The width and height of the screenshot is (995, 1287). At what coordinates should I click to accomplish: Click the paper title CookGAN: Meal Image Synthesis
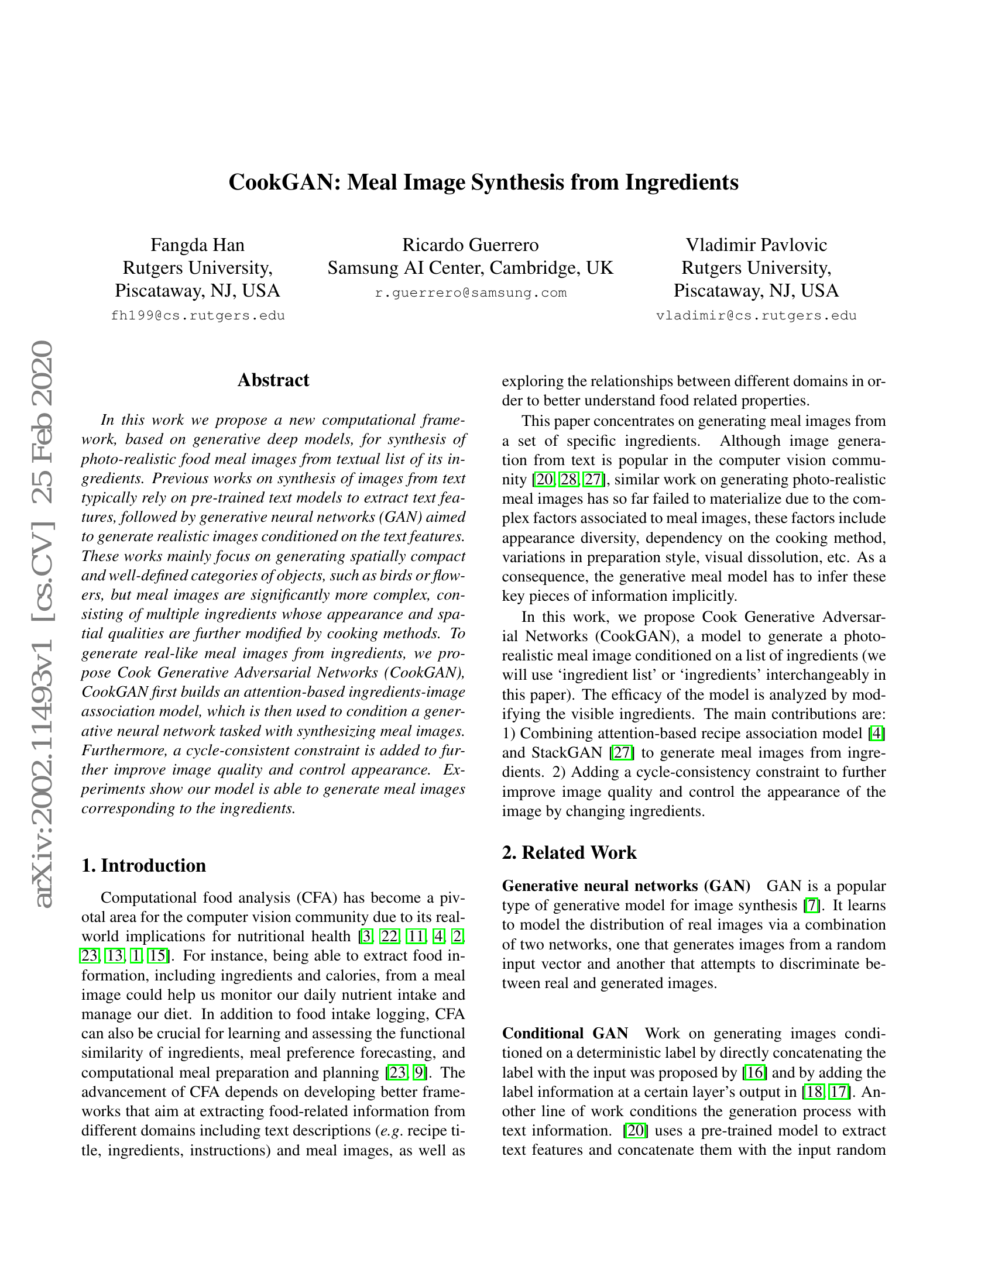click(483, 182)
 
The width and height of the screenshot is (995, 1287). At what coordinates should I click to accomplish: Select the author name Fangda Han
click(197, 245)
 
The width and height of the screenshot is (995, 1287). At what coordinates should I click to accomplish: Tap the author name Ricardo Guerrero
click(471, 245)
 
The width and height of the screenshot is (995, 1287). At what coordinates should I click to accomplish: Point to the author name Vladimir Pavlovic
click(756, 245)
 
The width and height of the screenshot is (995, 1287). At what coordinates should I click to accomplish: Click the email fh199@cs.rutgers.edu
click(198, 316)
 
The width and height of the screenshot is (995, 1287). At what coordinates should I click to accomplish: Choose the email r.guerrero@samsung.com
click(471, 293)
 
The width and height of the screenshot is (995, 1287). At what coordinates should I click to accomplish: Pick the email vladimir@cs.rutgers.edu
click(756, 316)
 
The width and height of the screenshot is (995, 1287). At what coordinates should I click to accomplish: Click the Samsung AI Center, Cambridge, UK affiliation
click(471, 268)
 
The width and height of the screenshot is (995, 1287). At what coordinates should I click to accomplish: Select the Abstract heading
click(273, 380)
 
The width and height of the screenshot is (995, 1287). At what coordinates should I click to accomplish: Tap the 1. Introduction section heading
click(144, 865)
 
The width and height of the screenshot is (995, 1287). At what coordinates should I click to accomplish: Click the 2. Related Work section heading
click(569, 853)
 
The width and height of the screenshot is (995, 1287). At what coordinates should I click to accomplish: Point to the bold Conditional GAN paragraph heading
click(565, 1034)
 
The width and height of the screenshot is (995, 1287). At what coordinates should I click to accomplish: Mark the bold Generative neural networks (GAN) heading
click(626, 886)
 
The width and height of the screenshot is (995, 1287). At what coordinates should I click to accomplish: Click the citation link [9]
click(419, 1072)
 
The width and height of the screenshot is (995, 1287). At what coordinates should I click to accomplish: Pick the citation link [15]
click(157, 956)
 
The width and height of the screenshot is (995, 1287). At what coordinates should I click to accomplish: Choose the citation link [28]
click(569, 480)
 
